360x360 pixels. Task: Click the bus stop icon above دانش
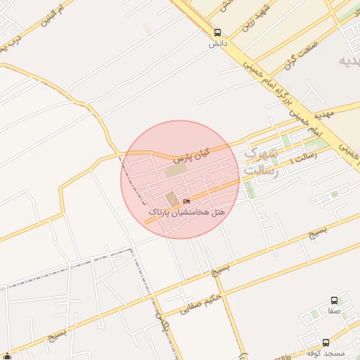[217, 32]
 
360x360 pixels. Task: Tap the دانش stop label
[217, 44]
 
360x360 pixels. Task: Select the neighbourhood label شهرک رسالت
[262, 162]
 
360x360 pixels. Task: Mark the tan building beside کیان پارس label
[176, 170]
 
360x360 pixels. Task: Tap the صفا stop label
[333, 310]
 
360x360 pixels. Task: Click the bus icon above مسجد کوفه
[325, 342]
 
